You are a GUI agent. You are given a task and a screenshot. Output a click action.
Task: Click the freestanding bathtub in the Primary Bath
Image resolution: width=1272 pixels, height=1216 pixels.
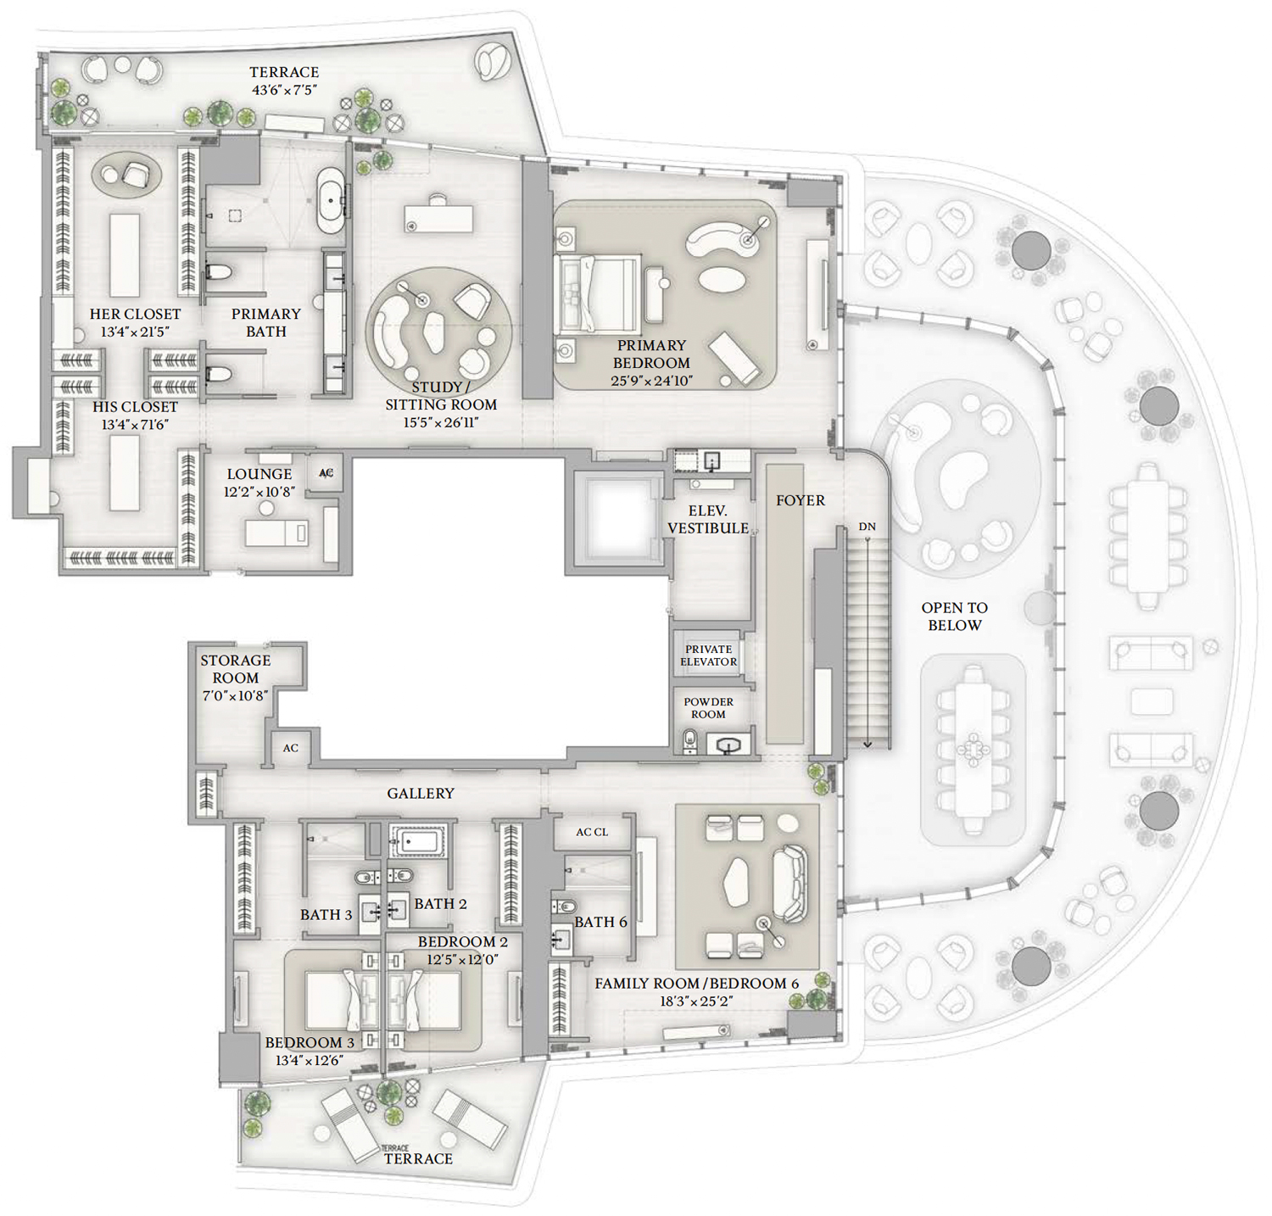pyautogui.click(x=331, y=200)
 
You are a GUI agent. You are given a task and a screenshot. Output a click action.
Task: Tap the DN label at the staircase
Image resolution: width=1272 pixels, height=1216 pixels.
pyautogui.click(x=867, y=527)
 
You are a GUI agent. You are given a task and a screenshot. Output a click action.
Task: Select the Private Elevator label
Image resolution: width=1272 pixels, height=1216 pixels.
pyautogui.click(x=709, y=655)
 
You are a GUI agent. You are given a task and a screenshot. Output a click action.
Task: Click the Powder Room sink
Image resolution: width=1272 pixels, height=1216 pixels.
pyautogui.click(x=728, y=745)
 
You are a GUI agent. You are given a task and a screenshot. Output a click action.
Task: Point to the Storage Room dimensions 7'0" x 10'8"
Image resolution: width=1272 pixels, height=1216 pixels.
pyautogui.click(x=235, y=695)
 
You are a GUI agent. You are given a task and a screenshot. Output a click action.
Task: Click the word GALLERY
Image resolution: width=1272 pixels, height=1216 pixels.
pyautogui.click(x=421, y=794)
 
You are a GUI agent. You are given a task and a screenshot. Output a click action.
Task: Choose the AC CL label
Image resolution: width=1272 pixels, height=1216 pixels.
pyautogui.click(x=592, y=832)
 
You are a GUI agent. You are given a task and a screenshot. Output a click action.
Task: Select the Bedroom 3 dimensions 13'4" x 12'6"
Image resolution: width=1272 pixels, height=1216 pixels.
pyautogui.click(x=309, y=1060)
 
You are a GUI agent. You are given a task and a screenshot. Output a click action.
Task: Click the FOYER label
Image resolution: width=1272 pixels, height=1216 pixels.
pyautogui.click(x=801, y=500)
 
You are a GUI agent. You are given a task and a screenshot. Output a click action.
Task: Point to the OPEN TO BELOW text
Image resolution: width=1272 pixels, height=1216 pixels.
pyautogui.click(x=955, y=616)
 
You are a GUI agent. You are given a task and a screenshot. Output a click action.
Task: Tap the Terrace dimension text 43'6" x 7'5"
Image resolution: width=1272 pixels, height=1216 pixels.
pyautogui.click(x=284, y=90)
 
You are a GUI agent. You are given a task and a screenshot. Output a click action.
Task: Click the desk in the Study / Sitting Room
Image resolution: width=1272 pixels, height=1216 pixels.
pyautogui.click(x=438, y=216)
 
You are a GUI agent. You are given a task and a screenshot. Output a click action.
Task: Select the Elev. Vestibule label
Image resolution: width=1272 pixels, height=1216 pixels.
pyautogui.click(x=708, y=519)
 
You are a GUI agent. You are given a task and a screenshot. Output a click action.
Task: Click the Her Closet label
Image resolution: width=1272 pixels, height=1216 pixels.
pyautogui.click(x=136, y=314)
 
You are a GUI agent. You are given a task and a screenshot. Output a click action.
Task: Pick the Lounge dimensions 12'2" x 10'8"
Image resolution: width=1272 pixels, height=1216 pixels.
pyautogui.click(x=259, y=492)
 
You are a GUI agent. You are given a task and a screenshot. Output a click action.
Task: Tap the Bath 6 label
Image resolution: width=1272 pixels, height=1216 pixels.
pyautogui.click(x=600, y=922)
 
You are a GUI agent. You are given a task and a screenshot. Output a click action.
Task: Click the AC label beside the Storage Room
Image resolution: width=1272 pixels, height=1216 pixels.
pyautogui.click(x=291, y=748)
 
